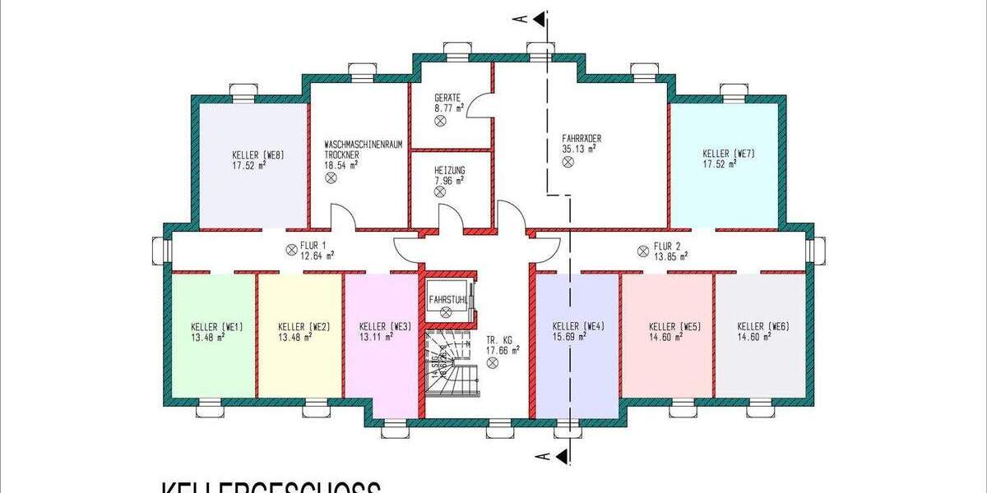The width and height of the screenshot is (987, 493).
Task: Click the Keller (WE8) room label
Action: point(257,154)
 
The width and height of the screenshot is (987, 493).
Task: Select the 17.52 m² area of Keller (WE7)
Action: point(720,164)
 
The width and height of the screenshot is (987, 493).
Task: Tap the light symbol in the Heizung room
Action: point(439,190)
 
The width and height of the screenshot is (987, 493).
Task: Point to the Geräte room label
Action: point(448,96)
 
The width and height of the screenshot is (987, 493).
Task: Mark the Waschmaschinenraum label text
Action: point(363,145)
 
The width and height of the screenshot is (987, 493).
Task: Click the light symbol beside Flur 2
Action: point(642,251)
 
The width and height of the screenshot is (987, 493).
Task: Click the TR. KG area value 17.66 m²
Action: point(503,349)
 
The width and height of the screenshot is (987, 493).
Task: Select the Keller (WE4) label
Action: point(578,325)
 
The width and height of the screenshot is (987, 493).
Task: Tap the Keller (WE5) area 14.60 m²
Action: point(665,336)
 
